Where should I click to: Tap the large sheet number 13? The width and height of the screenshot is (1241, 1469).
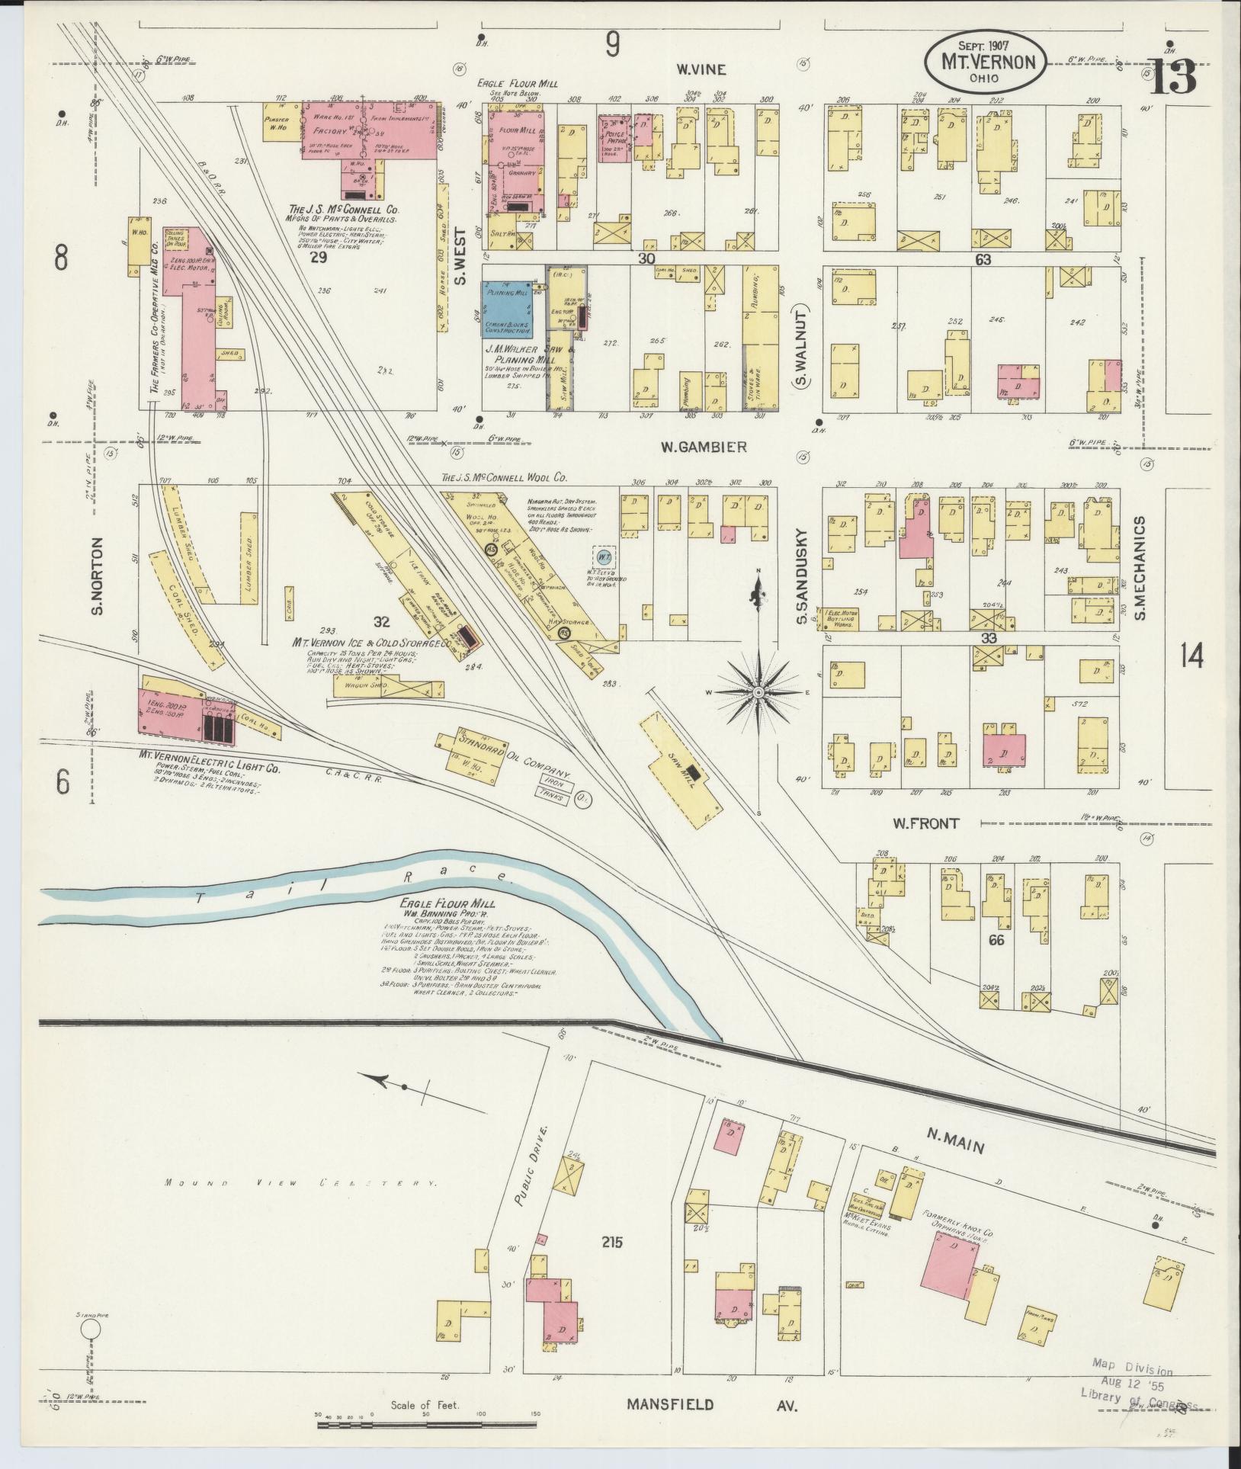click(x=1172, y=79)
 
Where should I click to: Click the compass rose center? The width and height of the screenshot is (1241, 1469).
click(x=758, y=691)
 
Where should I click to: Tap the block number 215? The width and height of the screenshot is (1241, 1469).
click(x=611, y=1242)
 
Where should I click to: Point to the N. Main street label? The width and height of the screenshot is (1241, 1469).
click(x=955, y=1146)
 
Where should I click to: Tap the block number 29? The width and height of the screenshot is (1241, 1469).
click(x=319, y=258)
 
